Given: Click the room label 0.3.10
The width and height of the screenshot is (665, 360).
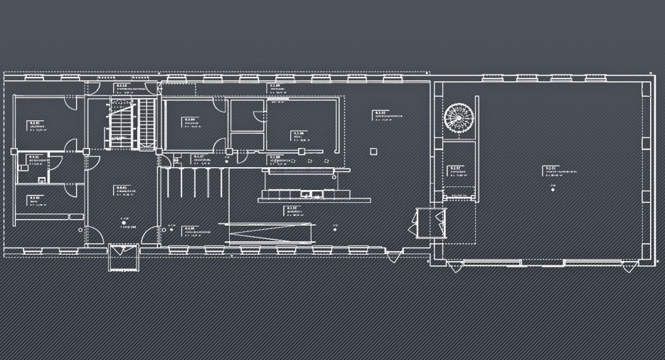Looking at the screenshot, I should (x=122, y=85).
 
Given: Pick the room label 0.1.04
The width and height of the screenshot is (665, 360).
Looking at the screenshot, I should (x=190, y=119).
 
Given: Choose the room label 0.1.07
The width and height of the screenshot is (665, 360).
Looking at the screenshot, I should (x=198, y=157).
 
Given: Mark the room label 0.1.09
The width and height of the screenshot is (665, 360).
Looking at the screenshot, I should (x=275, y=85).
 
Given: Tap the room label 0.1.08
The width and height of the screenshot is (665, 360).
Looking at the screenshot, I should (x=275, y=157).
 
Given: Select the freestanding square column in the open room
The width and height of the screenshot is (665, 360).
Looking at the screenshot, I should (x=373, y=150).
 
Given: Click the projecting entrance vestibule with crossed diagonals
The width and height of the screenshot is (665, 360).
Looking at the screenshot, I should (x=122, y=257).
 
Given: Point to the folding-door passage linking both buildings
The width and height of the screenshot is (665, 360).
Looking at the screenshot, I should (x=429, y=221).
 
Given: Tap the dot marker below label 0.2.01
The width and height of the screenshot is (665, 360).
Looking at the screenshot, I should (x=552, y=188).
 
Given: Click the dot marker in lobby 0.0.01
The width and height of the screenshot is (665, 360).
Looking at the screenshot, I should (x=124, y=223).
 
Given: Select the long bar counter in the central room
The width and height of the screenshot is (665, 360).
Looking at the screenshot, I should (x=306, y=192).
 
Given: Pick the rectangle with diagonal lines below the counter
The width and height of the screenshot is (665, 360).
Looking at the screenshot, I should (x=270, y=233).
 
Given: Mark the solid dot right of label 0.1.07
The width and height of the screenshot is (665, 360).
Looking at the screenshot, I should (x=226, y=162).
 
